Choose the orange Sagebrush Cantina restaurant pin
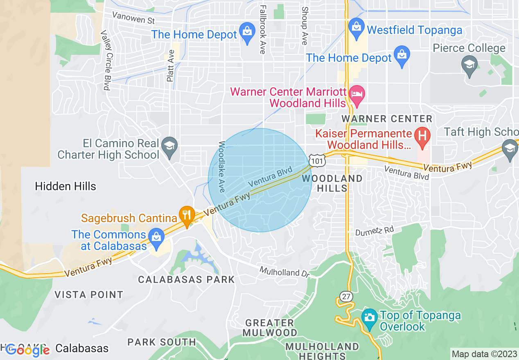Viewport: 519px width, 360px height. [x=187, y=216]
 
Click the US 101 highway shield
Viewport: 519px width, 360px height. [x=317, y=160]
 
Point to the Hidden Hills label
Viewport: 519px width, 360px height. [x=65, y=187]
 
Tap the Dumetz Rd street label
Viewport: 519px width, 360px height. [x=374, y=232]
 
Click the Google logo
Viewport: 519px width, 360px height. [x=27, y=350]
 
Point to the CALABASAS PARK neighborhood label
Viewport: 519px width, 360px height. [x=186, y=280]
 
